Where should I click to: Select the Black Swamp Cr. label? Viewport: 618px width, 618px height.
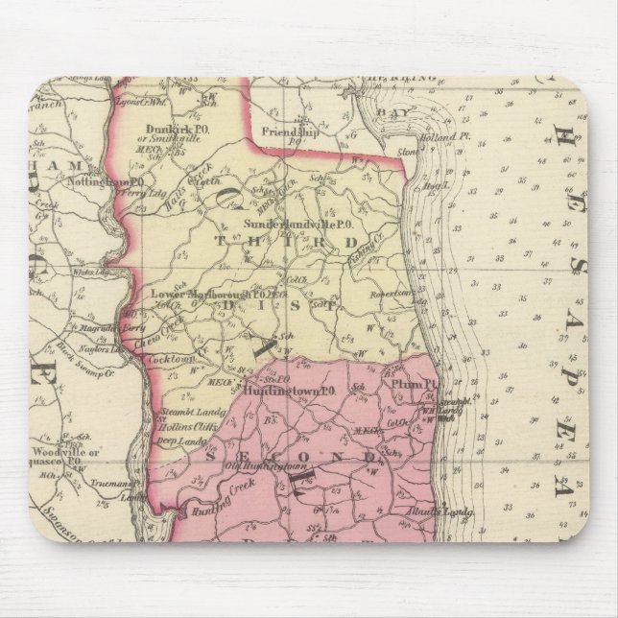tap(88, 356)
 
